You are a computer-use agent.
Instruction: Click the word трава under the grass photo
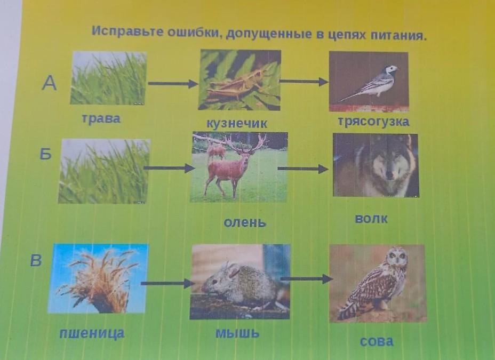point(101,119)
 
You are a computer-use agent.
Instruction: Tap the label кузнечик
point(237,123)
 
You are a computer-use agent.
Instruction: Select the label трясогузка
point(373,122)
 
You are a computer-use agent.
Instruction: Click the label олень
point(245,223)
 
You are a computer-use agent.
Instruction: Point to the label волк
point(371,219)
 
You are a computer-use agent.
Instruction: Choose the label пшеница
point(92,333)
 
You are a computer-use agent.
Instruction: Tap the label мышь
point(237,333)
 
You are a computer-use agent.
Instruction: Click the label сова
point(376,341)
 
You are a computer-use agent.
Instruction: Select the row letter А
point(49,84)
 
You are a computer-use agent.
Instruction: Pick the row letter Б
point(45,154)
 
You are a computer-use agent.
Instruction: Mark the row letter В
point(36,261)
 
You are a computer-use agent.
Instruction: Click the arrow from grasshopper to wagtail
point(304,82)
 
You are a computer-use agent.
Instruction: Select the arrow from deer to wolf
point(303,169)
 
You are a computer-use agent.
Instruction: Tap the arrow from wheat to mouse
point(167,283)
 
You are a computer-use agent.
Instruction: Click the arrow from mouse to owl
point(306,278)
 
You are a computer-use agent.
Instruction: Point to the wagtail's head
point(391,69)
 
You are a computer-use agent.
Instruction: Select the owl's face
point(397,257)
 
